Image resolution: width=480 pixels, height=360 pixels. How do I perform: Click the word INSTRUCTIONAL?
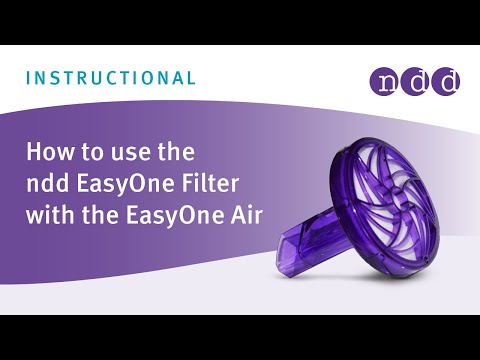tap(109, 77)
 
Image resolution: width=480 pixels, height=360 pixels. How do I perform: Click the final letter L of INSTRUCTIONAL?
tap(191, 77)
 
